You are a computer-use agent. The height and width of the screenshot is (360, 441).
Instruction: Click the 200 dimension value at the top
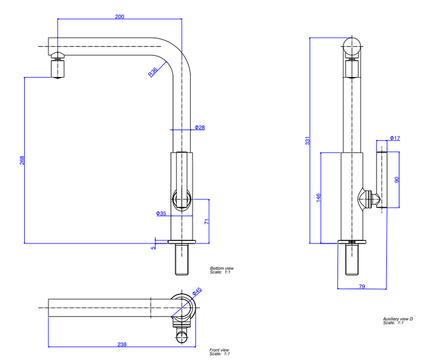coord(120,17)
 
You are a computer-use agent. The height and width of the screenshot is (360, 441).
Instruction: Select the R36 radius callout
coord(153,72)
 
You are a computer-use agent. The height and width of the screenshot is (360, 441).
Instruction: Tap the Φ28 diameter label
coord(200,127)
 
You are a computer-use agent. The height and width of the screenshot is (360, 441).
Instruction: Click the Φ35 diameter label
coord(161,213)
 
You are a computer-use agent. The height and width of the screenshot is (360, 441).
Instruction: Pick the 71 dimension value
coord(207,222)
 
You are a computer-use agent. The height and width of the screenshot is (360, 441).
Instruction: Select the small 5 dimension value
coord(154,247)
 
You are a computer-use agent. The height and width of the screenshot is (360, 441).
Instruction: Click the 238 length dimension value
coord(122,345)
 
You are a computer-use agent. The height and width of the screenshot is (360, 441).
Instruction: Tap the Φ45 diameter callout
coord(197,291)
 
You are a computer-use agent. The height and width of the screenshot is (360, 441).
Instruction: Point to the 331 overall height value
coord(307,142)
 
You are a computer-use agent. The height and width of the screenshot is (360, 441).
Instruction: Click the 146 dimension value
coord(318,197)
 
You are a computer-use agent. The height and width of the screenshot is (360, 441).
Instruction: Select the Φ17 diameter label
coord(395,138)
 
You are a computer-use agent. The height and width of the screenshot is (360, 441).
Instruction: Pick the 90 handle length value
coord(395,180)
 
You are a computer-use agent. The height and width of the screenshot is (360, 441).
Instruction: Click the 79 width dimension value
coord(362,286)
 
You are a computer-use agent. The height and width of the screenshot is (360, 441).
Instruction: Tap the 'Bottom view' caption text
coord(222,268)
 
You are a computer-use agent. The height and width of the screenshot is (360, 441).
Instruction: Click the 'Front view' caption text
coord(219,350)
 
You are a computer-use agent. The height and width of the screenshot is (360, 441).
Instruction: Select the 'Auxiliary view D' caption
coord(398,319)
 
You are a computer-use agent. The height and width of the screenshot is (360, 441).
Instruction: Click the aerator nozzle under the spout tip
coord(57,68)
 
